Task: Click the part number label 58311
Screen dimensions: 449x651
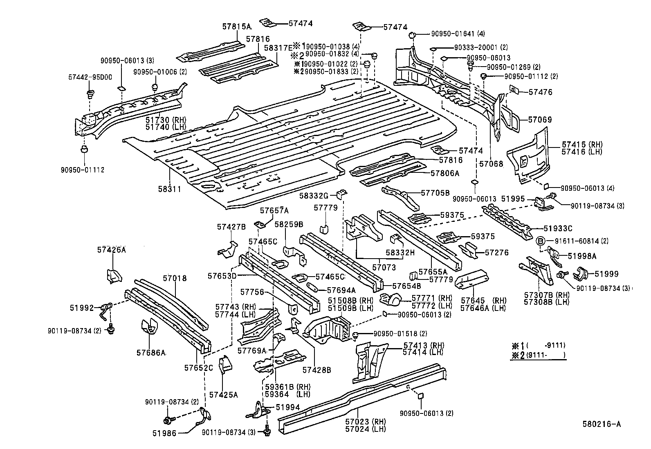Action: [169, 189]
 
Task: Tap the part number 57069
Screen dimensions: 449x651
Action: [540, 120]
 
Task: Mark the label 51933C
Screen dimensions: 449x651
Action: [557, 228]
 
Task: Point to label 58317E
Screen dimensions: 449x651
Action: [278, 48]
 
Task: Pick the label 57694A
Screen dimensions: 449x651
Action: [341, 290]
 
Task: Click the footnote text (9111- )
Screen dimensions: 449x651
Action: [545, 355]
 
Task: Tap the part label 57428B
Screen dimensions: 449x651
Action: [317, 370]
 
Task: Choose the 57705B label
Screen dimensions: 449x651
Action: [435, 192]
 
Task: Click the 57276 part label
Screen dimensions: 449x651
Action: [496, 253]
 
